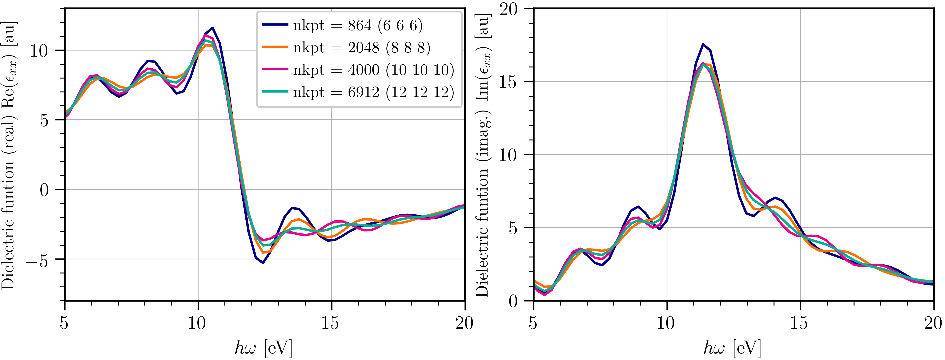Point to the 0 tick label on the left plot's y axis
tap(44, 190)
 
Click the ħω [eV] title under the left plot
tap(263, 348)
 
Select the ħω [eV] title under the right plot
tap(732, 348)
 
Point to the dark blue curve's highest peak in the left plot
tap(212, 28)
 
